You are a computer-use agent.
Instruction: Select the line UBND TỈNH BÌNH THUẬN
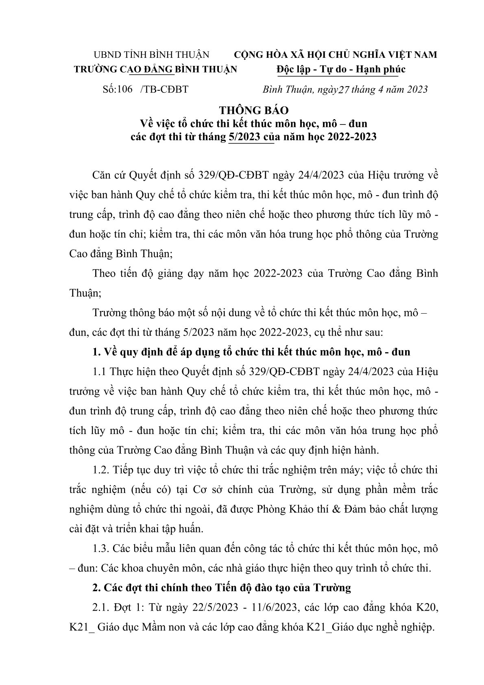pyautogui.click(x=151, y=55)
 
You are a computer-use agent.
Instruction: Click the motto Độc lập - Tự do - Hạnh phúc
pyautogui.click(x=340, y=69)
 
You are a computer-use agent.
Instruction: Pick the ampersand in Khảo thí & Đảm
pyautogui.click(x=339, y=509)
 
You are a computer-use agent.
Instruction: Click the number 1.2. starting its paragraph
pyautogui.click(x=101, y=470)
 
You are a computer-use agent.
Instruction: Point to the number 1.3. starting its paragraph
pyautogui.click(x=101, y=549)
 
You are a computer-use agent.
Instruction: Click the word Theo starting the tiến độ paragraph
pyautogui.click(x=105, y=273)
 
